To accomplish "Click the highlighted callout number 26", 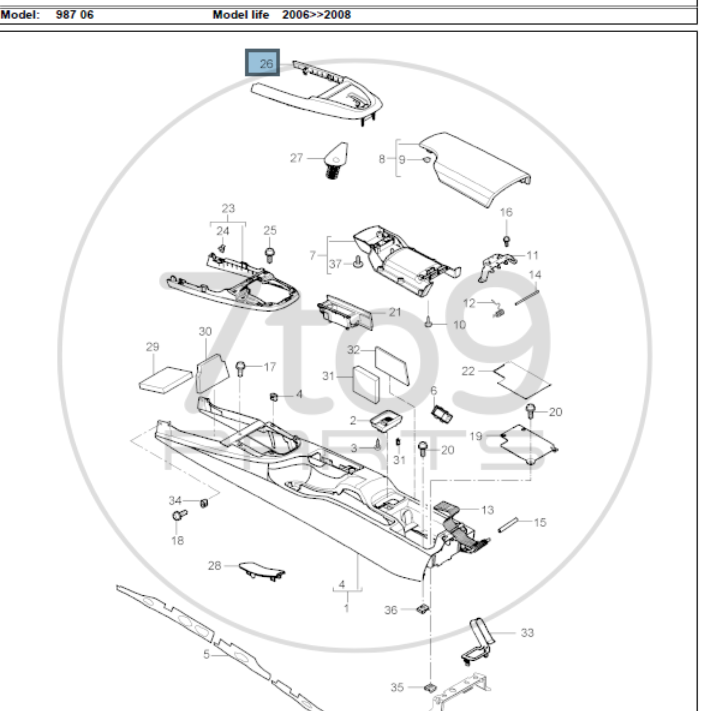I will tap(263, 63).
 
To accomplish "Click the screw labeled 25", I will tap(269, 254).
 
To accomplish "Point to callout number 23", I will tap(228, 208).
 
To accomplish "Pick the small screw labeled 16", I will tap(507, 241).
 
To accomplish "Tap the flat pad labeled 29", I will tap(166, 379).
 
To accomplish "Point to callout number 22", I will tap(468, 371).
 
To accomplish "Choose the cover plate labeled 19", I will tap(528, 443).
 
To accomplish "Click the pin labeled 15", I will tap(508, 525).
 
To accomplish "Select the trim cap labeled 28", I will tap(261, 570).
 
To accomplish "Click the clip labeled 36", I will tap(423, 609).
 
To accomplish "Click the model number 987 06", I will tap(75, 15).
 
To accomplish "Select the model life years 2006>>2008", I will tap(317, 15).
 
